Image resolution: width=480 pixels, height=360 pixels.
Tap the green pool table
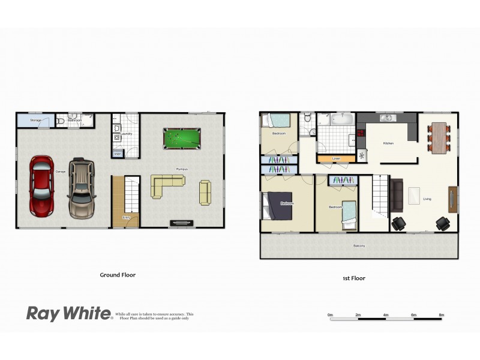pyautogui.click(x=182, y=139)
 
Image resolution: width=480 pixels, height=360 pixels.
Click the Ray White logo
pyautogui.click(x=68, y=313)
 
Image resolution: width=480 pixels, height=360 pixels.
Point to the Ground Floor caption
pyautogui.click(x=118, y=275)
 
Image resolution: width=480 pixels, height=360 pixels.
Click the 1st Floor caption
pyautogui.click(x=353, y=278)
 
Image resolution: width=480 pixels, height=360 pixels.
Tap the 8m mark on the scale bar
pyautogui.click(x=442, y=315)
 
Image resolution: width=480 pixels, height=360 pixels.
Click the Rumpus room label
pyautogui.click(x=182, y=169)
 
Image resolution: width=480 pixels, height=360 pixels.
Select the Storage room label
pyautogui.click(x=35, y=121)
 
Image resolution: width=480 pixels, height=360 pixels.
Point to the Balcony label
pyautogui.click(x=359, y=246)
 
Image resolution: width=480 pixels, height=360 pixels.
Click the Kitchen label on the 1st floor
pyautogui.click(x=388, y=143)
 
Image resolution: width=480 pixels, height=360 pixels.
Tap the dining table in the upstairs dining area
pyautogui.click(x=439, y=137)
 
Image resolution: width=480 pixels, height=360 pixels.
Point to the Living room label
pyautogui.click(x=427, y=199)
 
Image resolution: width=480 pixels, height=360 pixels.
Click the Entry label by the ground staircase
pyautogui.click(x=126, y=217)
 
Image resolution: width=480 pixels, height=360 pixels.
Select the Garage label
pyautogui.click(x=61, y=172)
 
